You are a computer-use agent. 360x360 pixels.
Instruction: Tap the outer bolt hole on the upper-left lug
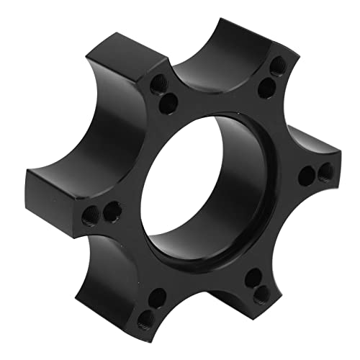156,88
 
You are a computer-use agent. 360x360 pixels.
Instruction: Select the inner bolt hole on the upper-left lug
168,100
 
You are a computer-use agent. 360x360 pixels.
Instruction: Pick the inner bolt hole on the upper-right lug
264,89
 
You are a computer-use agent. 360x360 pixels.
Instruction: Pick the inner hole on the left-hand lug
111,212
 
